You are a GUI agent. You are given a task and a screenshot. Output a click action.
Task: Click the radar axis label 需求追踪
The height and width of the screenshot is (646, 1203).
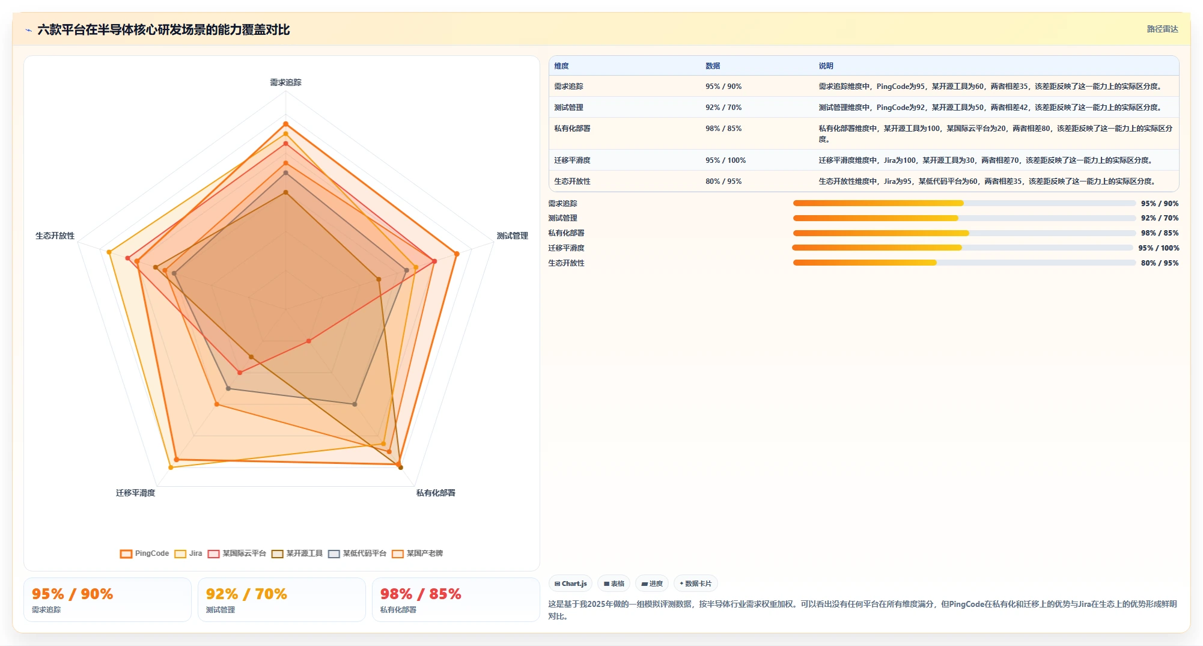[x=285, y=82]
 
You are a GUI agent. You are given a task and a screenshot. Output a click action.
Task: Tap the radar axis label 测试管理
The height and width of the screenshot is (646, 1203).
[x=512, y=236]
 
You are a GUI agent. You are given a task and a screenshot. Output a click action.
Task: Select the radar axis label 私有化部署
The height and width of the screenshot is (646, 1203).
[x=436, y=493]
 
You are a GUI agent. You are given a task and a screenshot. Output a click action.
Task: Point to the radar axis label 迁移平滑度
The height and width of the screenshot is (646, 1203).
[x=135, y=493]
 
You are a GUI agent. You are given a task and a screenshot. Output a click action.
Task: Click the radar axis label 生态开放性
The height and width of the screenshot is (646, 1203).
[x=55, y=236]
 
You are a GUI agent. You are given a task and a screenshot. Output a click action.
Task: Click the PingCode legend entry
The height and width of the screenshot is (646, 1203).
[x=144, y=553]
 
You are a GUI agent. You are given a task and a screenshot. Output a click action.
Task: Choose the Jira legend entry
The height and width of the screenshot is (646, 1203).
[x=188, y=553]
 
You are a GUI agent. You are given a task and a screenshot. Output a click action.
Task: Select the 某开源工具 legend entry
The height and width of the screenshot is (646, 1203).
[x=297, y=553]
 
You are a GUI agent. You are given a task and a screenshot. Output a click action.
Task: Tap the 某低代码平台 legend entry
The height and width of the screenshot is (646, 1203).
[x=357, y=553]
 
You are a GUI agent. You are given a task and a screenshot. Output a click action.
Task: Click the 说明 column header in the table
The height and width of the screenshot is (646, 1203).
[x=826, y=66]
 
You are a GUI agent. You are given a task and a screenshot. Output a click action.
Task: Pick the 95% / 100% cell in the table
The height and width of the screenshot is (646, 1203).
[x=725, y=160]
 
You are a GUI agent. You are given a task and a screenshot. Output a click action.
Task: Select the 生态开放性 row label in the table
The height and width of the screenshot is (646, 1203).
[x=572, y=181]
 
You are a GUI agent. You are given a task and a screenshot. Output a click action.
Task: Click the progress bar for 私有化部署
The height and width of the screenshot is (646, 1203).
[x=964, y=233]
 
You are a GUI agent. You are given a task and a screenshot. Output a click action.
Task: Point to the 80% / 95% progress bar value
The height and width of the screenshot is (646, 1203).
[x=1160, y=263]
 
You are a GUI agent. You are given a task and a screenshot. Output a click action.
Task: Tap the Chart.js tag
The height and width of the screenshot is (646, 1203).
[x=571, y=584]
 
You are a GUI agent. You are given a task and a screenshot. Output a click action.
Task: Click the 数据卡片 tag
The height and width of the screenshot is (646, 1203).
[x=696, y=584]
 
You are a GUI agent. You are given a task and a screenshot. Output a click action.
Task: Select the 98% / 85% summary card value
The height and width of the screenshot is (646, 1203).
[x=421, y=594]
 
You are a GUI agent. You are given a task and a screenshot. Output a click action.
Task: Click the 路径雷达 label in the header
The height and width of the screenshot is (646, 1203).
[x=1162, y=29]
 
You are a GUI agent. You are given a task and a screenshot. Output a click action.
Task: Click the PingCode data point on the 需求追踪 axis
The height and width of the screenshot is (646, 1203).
[x=285, y=124]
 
